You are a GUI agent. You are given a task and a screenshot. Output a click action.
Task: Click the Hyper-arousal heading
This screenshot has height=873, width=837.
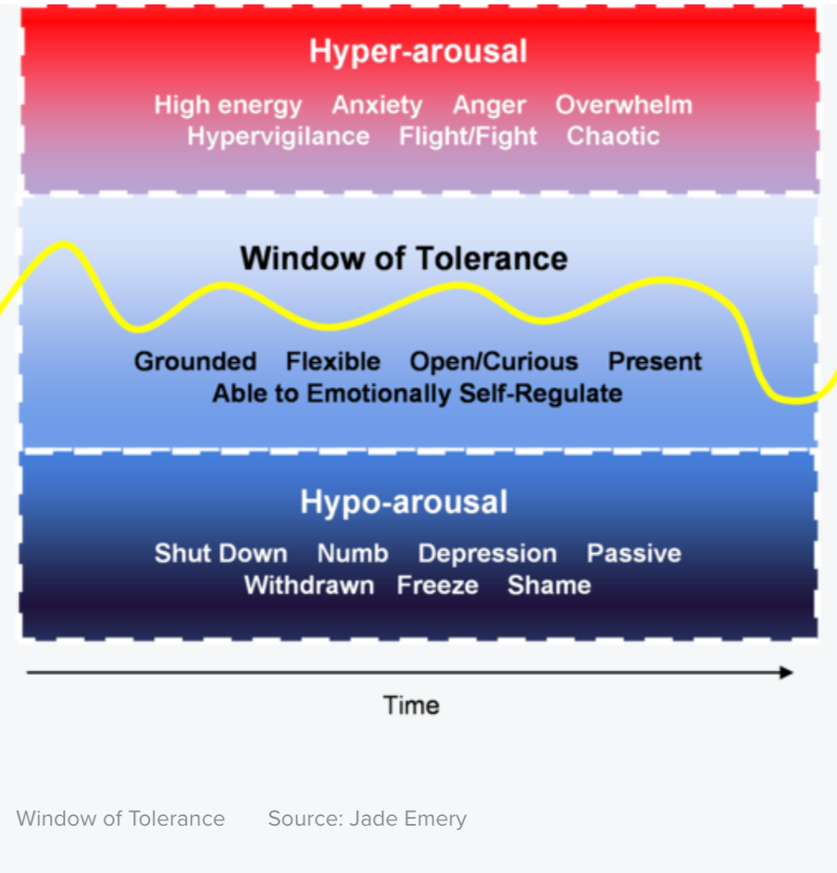coord(418,52)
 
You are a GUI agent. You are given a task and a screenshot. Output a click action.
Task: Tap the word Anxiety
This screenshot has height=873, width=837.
coord(377,105)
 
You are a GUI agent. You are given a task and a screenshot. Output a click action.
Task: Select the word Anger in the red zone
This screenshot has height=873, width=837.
coord(489,105)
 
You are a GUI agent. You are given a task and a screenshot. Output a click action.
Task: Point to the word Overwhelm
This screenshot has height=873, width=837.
coord(624,105)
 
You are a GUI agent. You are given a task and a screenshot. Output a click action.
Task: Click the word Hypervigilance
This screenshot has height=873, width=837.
coord(278,137)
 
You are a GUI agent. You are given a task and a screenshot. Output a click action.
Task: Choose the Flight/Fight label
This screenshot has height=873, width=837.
coord(468,137)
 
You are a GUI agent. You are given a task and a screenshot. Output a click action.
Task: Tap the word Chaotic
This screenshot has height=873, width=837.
coord(612,137)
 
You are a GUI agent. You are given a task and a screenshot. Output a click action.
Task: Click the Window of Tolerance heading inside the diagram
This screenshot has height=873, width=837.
coord(404,259)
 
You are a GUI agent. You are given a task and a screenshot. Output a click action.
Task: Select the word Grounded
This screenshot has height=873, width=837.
coord(195,362)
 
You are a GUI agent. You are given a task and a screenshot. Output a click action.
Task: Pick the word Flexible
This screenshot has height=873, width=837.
coord(333,362)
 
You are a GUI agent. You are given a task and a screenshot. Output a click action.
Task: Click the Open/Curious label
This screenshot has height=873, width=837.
coord(494,362)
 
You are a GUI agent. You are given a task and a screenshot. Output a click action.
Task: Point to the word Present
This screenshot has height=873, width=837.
coord(655,362)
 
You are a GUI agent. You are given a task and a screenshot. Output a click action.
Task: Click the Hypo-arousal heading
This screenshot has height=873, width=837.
coord(404,502)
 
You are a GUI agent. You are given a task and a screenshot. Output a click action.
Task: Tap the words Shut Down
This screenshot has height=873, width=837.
coord(221,554)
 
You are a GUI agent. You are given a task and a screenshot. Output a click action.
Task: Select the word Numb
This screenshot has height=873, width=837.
coord(353,554)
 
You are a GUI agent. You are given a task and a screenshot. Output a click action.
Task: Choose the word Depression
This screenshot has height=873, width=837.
coord(487,554)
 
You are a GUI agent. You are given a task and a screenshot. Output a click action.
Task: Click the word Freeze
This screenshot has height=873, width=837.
coord(438,586)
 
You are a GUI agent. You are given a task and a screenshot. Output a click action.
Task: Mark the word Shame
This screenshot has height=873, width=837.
coord(548,586)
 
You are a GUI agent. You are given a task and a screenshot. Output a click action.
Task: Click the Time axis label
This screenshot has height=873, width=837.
coord(411,706)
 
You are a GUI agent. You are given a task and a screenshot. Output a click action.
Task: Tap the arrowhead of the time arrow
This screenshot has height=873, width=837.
coord(787,672)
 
